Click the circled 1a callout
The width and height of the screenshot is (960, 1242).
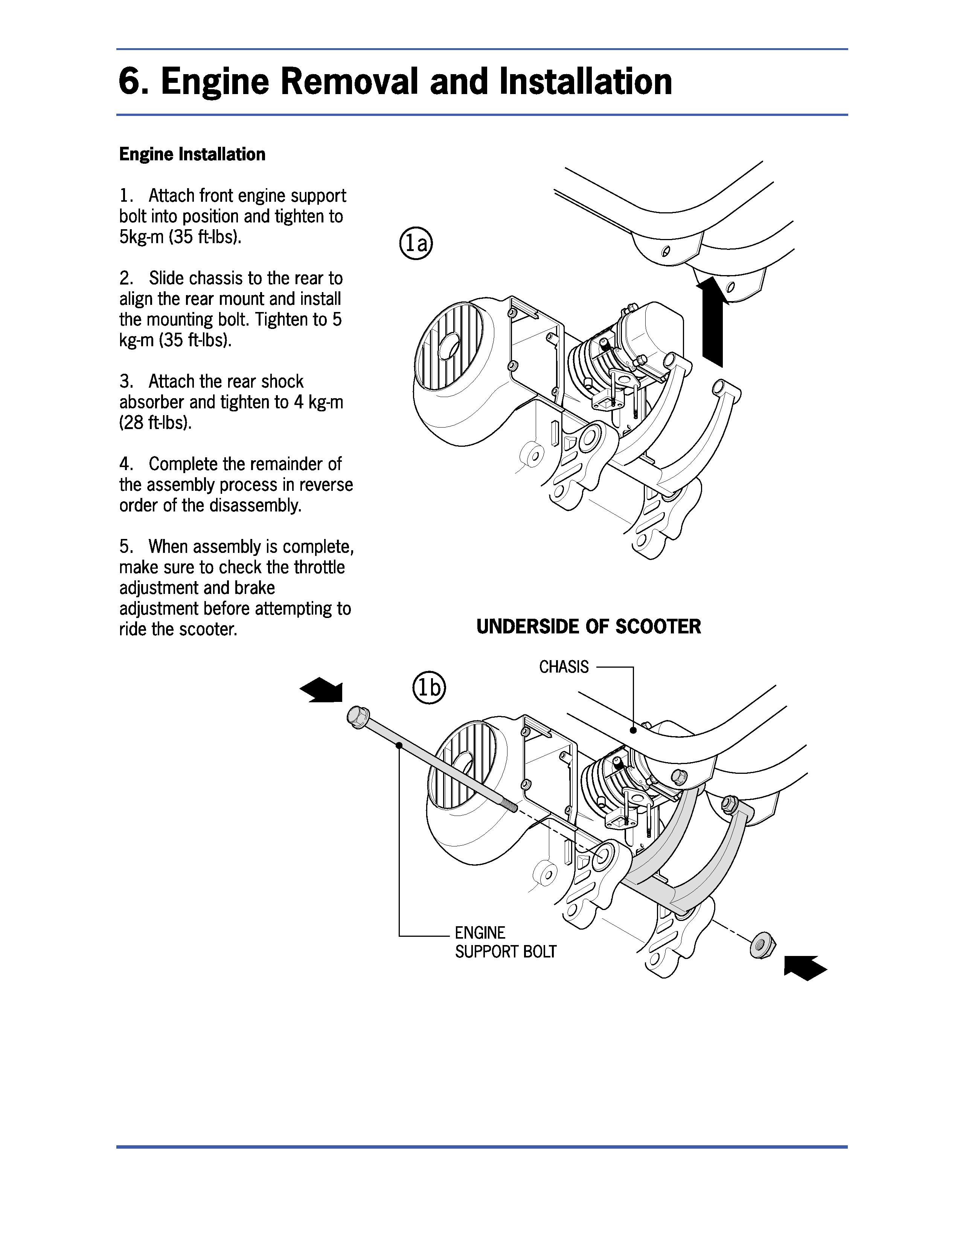416,244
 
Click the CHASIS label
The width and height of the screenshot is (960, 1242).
564,667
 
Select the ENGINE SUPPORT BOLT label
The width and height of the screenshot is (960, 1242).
505,942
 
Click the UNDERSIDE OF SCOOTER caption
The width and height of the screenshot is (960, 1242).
589,627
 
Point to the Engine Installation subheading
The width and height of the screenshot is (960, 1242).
192,154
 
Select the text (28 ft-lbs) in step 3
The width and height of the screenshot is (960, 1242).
155,423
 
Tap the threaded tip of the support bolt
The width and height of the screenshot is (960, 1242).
510,807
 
